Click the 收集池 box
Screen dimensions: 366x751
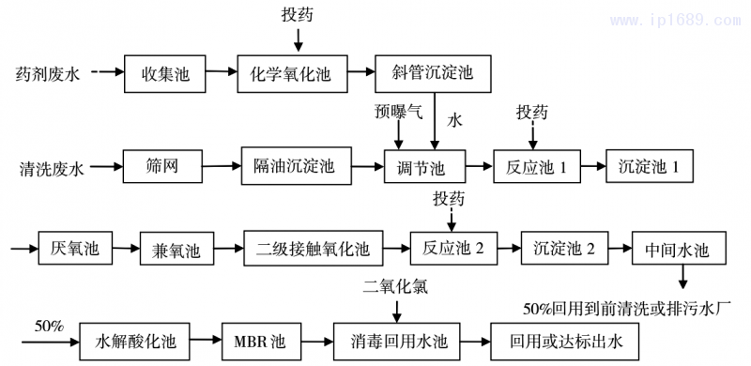(x=166, y=73)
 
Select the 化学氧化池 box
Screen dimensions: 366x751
(x=298, y=73)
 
